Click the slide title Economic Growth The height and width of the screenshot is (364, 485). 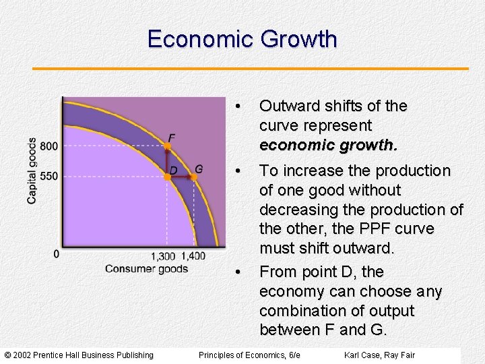242,39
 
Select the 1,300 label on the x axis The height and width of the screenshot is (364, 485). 163,256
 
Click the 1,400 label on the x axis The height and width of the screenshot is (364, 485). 193,256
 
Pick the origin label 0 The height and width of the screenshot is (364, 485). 56,254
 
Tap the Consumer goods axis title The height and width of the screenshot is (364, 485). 146,269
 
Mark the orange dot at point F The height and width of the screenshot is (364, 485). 168,146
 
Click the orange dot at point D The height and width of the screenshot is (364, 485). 167,177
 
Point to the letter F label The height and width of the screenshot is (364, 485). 172,138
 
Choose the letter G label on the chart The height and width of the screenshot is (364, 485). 199,168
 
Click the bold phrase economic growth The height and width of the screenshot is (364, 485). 327,145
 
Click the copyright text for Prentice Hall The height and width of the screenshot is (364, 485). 79,355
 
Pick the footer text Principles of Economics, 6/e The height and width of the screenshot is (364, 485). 250,355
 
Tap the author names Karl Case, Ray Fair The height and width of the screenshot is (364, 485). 379,355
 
